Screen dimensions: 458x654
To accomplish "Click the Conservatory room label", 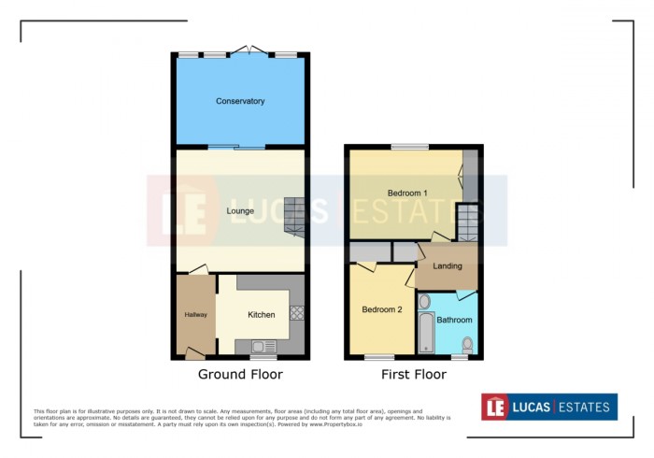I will click(x=240, y=101).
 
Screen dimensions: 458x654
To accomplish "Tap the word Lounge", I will click(x=240, y=210).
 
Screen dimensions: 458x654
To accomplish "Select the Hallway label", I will click(x=195, y=314).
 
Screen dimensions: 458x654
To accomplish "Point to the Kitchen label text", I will click(x=262, y=315).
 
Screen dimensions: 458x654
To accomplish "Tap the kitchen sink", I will click(x=258, y=347).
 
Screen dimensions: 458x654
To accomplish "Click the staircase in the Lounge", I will click(x=294, y=216).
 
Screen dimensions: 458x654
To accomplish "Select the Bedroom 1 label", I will click(x=407, y=193).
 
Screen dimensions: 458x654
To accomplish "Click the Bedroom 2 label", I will click(x=381, y=309).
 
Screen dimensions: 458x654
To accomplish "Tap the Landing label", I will click(x=448, y=266).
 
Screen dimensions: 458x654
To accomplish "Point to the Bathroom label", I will click(x=454, y=320).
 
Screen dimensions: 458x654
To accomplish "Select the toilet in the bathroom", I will click(x=467, y=346).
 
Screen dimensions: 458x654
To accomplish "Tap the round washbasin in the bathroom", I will click(x=424, y=301).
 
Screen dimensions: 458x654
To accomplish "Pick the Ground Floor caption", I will click(x=240, y=375).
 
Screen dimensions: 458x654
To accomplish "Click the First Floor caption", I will click(x=413, y=375).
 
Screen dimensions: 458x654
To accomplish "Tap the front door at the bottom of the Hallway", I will click(x=194, y=353).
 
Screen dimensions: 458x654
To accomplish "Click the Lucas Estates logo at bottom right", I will click(x=549, y=407).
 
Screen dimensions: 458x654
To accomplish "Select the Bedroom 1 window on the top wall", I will click(x=409, y=146).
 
